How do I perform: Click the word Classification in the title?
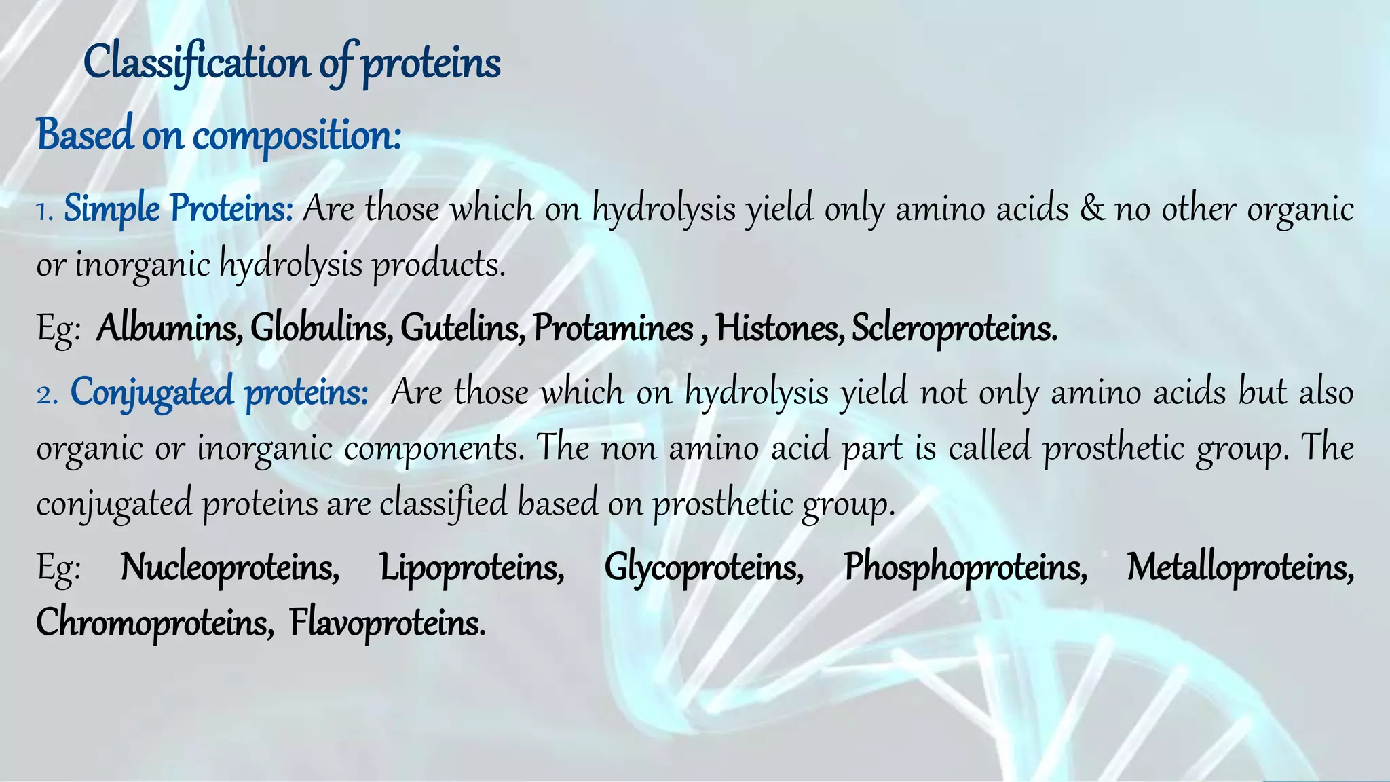point(198,63)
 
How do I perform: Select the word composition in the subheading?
point(296,135)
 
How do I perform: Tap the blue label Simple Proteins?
point(178,208)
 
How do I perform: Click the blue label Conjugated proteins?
point(219,392)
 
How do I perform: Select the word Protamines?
point(613,329)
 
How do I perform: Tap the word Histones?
point(780,329)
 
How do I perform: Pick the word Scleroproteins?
point(954,329)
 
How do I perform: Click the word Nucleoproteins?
point(230,567)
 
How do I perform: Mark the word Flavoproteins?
point(388,622)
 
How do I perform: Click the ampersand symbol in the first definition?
point(1092,208)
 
